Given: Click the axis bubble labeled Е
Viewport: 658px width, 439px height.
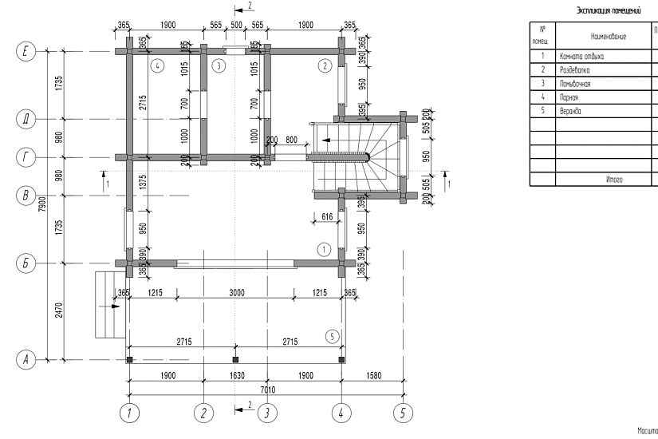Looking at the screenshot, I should coord(27,53).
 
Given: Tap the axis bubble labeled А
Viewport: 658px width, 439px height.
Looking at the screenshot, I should coord(27,360).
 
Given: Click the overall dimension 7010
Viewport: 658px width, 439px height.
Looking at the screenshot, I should coord(235,389).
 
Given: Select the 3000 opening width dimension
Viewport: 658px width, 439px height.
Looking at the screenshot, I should coord(236,294).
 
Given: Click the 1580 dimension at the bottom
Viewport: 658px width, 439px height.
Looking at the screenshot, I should coord(373,376).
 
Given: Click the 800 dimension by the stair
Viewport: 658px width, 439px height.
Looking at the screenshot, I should coord(292,140).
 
